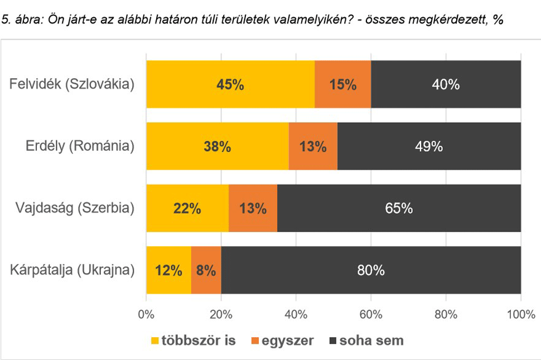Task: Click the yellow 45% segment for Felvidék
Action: (230, 85)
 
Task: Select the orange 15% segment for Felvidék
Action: (342, 85)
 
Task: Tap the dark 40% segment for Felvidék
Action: (446, 85)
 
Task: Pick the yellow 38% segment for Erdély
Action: (218, 147)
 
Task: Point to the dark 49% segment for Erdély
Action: (429, 147)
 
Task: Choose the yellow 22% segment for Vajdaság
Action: (187, 209)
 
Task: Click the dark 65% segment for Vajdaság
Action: (399, 209)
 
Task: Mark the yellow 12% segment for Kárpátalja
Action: (168, 270)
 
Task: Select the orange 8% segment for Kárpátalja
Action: (206, 270)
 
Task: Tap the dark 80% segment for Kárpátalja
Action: (371, 270)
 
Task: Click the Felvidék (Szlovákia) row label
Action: (73, 85)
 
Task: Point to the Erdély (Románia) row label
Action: (80, 147)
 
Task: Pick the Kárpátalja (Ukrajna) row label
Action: (73, 271)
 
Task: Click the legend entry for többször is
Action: (193, 339)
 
